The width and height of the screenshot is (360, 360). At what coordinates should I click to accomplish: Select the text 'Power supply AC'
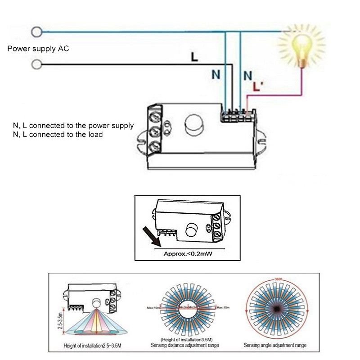pos(38,48)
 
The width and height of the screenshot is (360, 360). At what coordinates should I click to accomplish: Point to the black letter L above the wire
pos(194,57)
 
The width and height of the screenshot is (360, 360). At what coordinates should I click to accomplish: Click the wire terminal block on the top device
pos(237,116)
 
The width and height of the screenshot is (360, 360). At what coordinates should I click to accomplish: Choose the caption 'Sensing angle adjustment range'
pos(275,345)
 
